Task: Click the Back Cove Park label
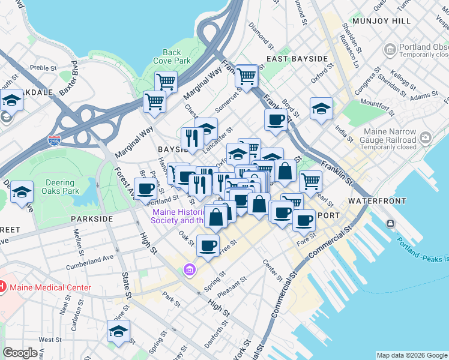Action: (172, 56)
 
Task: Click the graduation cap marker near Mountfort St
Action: (321, 109)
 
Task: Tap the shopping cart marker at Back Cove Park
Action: (166, 81)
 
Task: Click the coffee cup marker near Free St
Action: (208, 245)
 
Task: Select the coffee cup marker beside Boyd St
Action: (276, 119)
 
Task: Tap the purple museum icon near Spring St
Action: (190, 271)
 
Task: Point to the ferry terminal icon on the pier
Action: (391, 224)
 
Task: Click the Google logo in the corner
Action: (20, 353)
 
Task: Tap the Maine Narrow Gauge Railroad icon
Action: (425, 139)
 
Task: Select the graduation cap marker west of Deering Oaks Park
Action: (22, 192)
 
